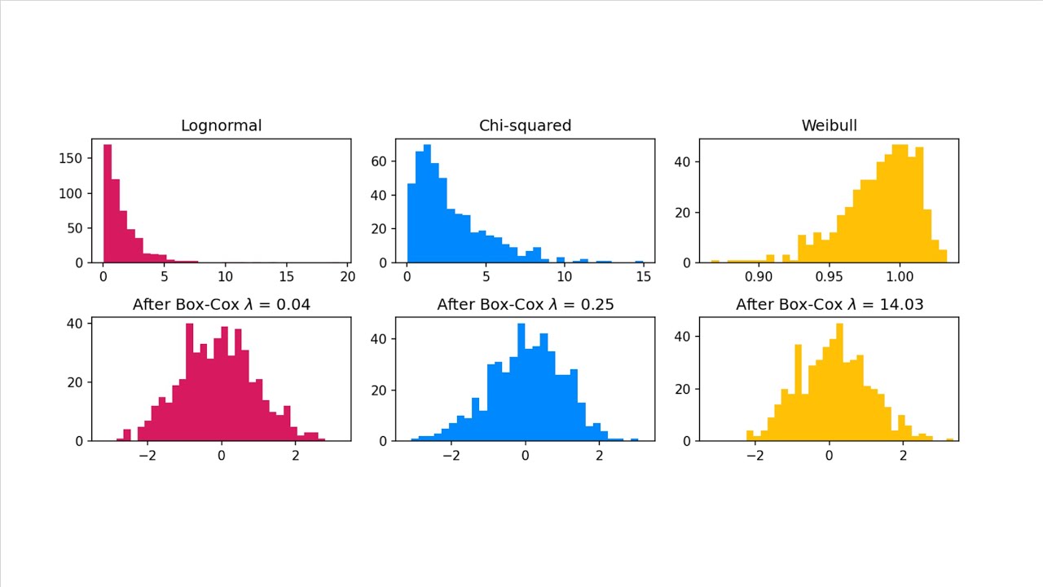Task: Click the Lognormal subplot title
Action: click(221, 126)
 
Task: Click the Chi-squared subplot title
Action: click(525, 126)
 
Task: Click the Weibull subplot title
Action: click(829, 126)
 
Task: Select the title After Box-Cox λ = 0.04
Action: click(221, 304)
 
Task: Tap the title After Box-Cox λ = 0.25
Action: click(525, 304)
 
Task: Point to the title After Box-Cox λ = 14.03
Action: click(829, 304)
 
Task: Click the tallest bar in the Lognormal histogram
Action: click(107, 204)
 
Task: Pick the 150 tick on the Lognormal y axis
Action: click(74, 158)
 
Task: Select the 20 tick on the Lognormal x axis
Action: click(347, 276)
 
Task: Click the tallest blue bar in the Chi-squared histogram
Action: click(427, 204)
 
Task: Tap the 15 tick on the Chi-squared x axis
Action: click(642, 276)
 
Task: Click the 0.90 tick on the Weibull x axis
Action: click(759, 276)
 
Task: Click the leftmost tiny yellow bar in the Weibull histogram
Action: click(715, 261)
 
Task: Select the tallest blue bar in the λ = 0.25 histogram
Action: click(521, 383)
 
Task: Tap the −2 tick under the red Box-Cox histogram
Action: click(147, 454)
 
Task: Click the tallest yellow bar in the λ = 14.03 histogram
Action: click(839, 383)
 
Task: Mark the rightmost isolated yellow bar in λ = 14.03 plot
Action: click(949, 439)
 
